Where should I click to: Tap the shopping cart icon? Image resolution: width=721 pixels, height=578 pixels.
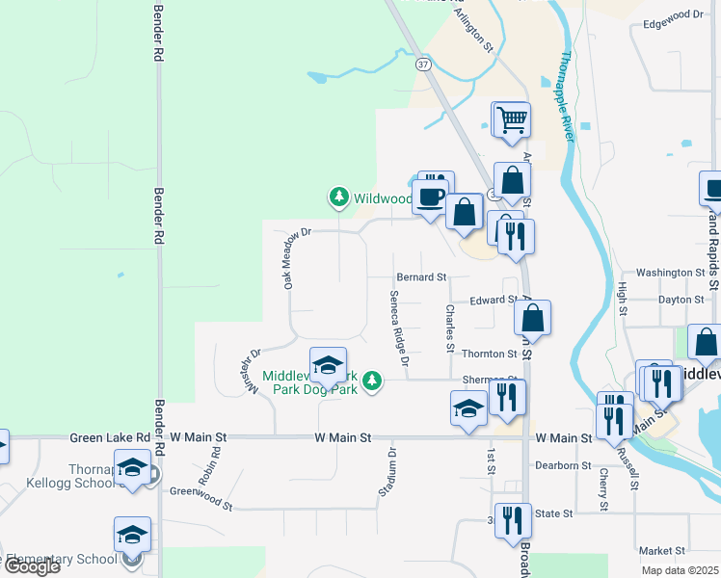(512, 120)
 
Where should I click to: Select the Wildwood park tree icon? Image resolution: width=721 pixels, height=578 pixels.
(338, 197)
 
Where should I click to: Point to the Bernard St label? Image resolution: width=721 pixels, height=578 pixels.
(421, 277)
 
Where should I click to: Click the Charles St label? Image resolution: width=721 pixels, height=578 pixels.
(449, 328)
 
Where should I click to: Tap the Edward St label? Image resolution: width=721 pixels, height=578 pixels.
(494, 301)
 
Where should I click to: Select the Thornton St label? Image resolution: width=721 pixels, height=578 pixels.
(490, 355)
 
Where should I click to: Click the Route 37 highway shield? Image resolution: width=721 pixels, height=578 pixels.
(422, 65)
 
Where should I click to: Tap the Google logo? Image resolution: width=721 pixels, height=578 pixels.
(32, 566)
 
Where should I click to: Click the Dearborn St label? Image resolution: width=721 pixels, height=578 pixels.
(563, 465)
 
